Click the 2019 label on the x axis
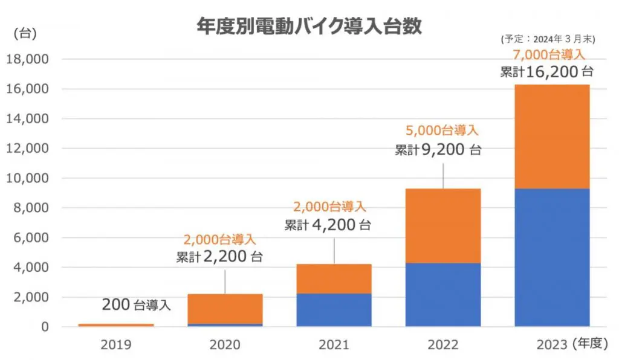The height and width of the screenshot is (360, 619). click(x=115, y=345)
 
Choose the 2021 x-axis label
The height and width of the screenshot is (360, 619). click(x=334, y=345)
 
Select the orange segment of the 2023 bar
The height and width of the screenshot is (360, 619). click(x=552, y=137)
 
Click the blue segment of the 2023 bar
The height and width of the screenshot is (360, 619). click(x=552, y=257)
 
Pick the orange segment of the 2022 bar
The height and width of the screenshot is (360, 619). click(x=443, y=226)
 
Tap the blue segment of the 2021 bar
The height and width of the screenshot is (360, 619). click(x=334, y=310)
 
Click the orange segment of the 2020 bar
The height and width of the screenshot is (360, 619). click(x=225, y=309)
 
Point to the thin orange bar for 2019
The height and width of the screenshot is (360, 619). click(x=115, y=325)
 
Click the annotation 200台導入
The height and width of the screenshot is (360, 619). click(x=136, y=305)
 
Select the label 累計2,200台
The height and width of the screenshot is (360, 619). click(x=219, y=257)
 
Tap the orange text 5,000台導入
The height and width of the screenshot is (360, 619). click(x=440, y=130)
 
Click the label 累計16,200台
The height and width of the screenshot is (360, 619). click(x=546, y=72)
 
